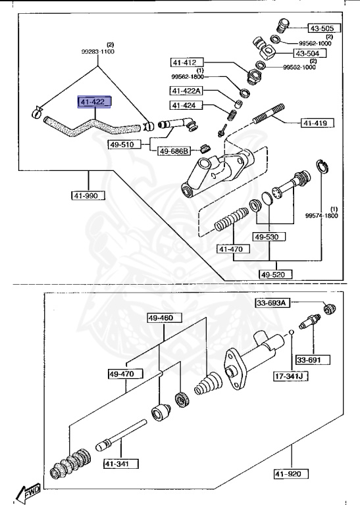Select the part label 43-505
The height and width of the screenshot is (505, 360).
point(322,28)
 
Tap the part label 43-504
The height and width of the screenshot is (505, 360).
point(307,53)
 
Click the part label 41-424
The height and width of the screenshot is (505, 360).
point(188,105)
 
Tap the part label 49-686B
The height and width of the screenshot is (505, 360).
point(174,151)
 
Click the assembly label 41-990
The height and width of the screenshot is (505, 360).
point(88,195)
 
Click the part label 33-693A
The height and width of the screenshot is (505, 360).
point(272,302)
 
